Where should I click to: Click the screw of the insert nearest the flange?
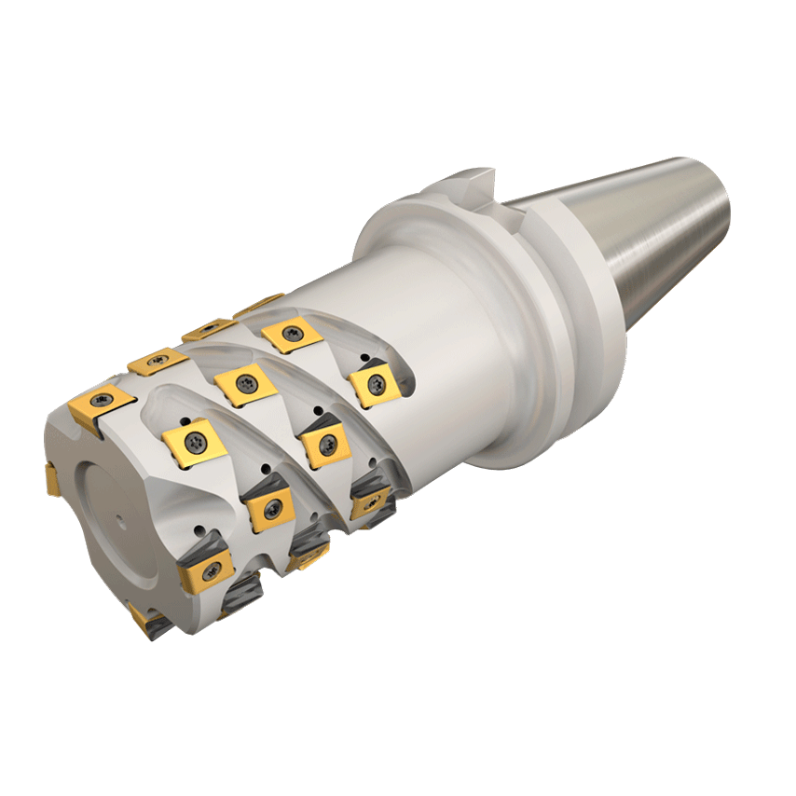377,382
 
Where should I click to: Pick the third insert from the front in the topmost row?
208,328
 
